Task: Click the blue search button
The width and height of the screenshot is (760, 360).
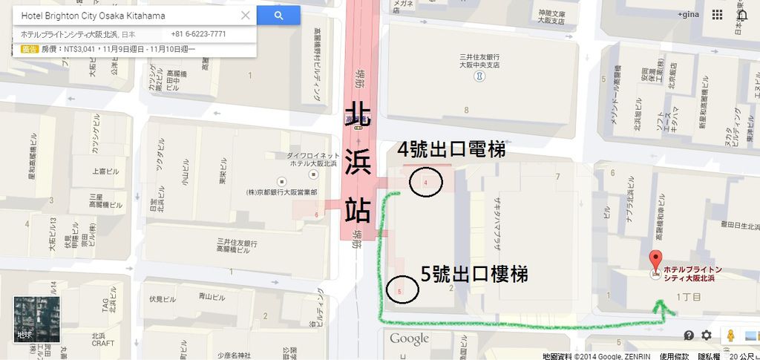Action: [x=278, y=16]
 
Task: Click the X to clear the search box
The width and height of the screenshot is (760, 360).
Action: [x=246, y=16]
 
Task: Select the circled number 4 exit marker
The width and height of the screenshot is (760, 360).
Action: [x=425, y=182]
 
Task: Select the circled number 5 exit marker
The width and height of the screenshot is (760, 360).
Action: [x=402, y=291]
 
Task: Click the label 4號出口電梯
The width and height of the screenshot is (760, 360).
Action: [x=451, y=149]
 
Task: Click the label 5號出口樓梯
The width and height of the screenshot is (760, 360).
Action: [x=474, y=274]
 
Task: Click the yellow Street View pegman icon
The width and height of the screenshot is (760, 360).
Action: [x=730, y=336]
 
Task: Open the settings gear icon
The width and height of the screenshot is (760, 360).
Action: [x=707, y=336]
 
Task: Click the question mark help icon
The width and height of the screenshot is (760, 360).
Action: [x=689, y=336]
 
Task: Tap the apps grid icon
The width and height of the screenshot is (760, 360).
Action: [x=718, y=15]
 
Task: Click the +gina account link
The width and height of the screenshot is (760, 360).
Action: [x=689, y=15]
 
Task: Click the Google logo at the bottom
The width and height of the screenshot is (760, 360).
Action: [x=409, y=339]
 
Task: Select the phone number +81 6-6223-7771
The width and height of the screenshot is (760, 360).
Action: [x=198, y=34]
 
